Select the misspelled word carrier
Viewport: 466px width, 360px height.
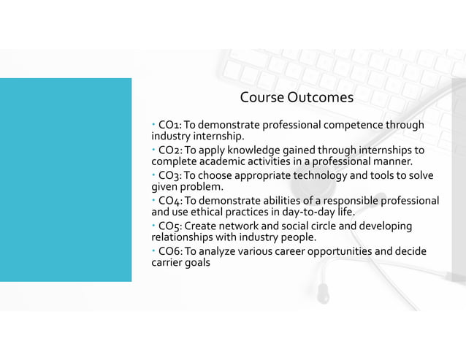pyautogui.click(x=167, y=263)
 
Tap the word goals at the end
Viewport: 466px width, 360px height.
pyautogui.click(x=198, y=263)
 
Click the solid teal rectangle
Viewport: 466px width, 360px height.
pyautogui.click(x=66, y=180)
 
